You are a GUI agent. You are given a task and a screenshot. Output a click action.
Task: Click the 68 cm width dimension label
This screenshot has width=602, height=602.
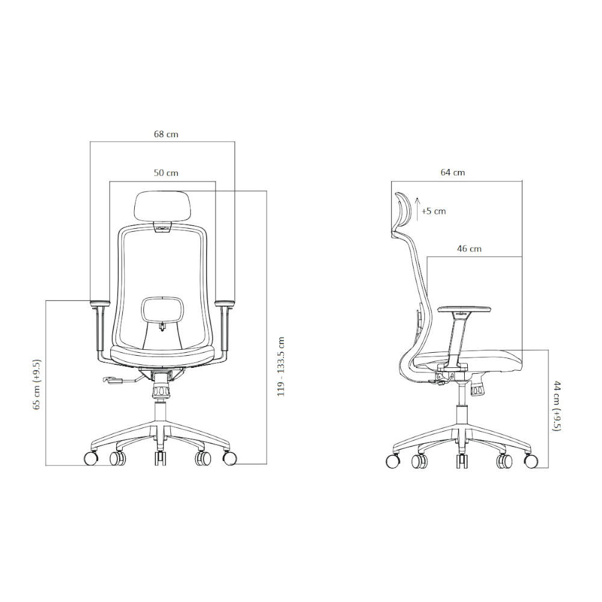coord(166,134)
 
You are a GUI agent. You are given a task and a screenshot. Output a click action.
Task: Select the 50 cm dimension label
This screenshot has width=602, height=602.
coord(166,173)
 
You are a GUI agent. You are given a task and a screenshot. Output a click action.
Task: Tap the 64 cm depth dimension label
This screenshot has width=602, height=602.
coord(453,172)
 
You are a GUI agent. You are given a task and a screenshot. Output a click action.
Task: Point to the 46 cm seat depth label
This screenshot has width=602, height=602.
coord(469,248)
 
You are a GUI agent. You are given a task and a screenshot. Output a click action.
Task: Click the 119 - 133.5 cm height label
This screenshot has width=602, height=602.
coord(280,366)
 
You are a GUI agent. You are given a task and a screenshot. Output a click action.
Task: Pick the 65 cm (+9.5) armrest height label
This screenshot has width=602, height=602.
coord(37,385)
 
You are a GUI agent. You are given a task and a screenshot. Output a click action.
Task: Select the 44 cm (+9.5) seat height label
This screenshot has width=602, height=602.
coord(557,406)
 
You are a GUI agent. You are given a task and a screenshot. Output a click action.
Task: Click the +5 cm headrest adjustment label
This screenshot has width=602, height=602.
coord(433,211)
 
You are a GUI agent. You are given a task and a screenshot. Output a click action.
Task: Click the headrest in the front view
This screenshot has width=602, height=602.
coord(163,206)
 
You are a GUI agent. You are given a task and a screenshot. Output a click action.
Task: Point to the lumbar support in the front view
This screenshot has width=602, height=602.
coord(163,310)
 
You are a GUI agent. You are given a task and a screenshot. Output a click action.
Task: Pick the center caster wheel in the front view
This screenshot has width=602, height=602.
coord(160,459)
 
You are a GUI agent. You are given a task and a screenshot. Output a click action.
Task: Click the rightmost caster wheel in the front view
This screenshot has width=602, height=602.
coord(229,458)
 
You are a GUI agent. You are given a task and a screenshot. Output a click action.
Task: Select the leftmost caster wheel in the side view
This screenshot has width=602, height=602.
coord(393,461)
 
